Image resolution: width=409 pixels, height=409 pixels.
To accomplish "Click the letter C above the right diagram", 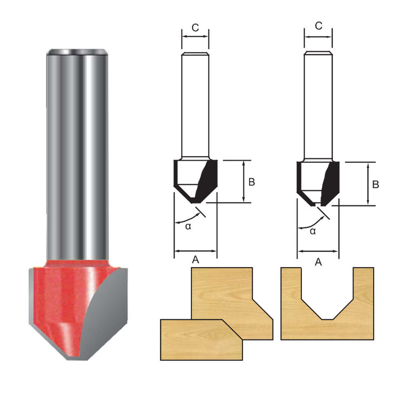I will pos(319,26).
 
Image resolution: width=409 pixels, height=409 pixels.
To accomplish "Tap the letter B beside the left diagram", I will pos(252,182).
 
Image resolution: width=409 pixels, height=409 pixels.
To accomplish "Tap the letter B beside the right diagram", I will pos(375,184).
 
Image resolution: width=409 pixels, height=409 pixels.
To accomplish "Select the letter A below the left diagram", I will pos(196,260).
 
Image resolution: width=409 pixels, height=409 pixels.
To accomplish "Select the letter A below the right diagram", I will pos(318,262).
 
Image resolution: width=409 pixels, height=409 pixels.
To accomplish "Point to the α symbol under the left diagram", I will pos(188,226).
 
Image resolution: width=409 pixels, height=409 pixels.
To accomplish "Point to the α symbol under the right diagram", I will pos(312,231).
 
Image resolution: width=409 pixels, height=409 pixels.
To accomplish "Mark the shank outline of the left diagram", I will pos(195,106).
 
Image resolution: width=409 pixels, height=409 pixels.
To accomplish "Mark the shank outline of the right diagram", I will pos(318,106).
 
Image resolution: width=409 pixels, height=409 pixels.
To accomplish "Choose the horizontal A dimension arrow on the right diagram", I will pos(318,251).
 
